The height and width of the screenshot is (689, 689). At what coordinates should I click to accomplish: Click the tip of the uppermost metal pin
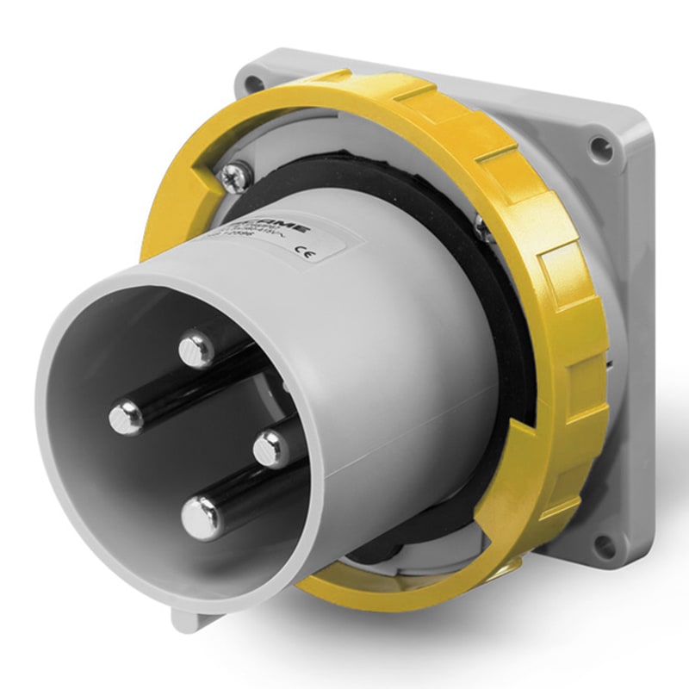pyautogui.click(x=197, y=348)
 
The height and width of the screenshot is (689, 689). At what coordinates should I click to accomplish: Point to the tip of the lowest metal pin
pyautogui.click(x=203, y=518)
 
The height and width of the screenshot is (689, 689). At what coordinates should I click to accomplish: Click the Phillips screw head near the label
pyautogui.click(x=233, y=177)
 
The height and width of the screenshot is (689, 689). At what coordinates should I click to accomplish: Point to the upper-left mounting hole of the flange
pyautogui.click(x=252, y=84)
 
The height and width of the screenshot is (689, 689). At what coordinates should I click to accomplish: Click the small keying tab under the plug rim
pyautogui.click(x=188, y=618)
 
